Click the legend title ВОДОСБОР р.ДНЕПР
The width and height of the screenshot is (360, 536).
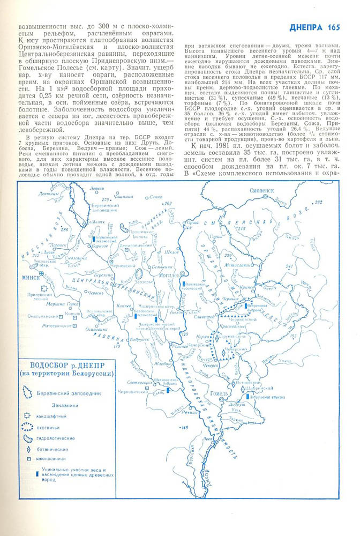[67, 363]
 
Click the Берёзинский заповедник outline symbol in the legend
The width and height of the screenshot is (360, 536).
[26, 393]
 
